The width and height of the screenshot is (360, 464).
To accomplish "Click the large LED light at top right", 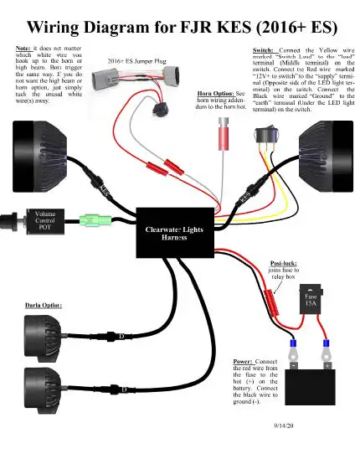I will coord(331,147).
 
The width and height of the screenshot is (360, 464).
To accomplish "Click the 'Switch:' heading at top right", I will coord(265,51).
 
